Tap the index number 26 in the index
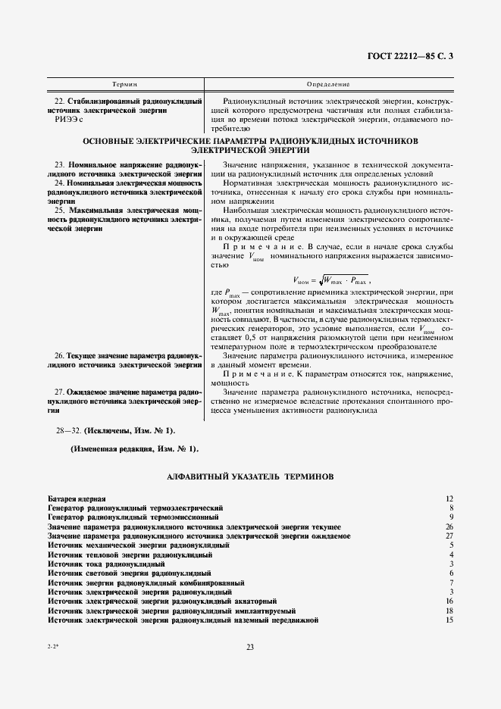449,526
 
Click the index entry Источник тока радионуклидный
106,564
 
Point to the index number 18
449,611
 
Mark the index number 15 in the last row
449,620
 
